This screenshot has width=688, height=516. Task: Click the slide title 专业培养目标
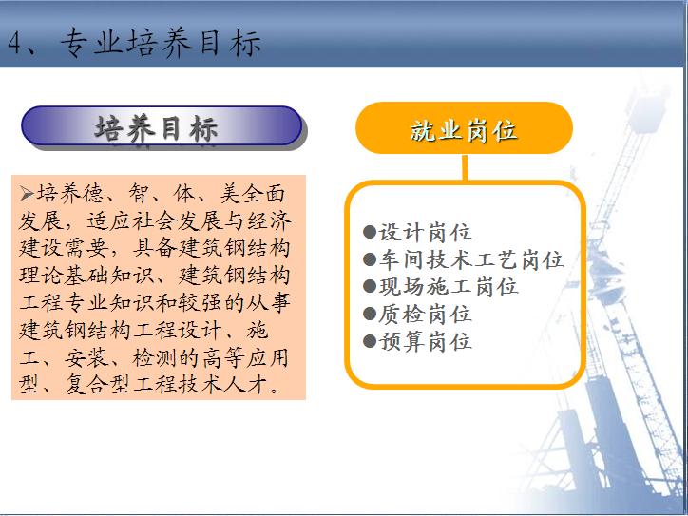pos(161,43)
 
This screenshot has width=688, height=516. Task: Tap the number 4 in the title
pos(15,43)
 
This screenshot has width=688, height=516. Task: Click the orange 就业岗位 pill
pos(464,127)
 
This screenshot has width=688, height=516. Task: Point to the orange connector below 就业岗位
pos(465,166)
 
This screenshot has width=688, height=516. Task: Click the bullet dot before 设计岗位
pos(370,231)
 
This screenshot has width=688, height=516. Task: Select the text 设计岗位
pos(425,232)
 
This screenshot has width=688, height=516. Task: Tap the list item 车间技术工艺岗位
pos(471,259)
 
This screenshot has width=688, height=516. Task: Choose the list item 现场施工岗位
pos(449,287)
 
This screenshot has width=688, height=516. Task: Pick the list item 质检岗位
pos(425,315)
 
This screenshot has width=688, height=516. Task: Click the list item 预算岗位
pos(425,341)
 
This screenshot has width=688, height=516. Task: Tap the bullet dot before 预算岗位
pos(370,341)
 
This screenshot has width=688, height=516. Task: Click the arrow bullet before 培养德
pos(27,193)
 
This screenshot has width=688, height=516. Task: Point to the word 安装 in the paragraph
pos(86,357)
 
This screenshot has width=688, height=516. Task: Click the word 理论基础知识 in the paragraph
pos(86,276)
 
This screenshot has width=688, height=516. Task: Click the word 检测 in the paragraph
pos(155,357)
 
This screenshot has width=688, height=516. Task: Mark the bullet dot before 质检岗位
pos(370,314)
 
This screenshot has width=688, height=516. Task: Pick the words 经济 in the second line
pos(270,220)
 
